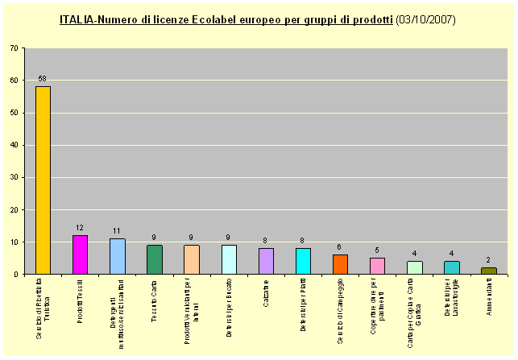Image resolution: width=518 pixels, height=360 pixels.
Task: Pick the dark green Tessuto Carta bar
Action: pyautogui.click(x=155, y=259)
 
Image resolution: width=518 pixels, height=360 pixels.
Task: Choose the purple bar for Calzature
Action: pyautogui.click(x=266, y=261)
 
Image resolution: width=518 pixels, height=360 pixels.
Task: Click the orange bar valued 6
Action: pyautogui.click(x=340, y=264)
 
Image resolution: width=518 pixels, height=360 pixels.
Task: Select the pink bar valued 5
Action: pyautogui.click(x=377, y=266)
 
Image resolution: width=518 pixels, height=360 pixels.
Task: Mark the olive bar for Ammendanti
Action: pyautogui.click(x=488, y=271)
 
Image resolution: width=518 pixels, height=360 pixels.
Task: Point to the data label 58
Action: pyautogui.click(x=43, y=79)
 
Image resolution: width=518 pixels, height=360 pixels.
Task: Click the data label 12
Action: pyautogui.click(x=80, y=228)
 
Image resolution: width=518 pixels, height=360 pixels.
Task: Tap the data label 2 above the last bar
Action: pyautogui.click(x=488, y=260)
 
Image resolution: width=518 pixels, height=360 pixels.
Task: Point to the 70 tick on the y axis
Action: pyautogui.click(x=15, y=48)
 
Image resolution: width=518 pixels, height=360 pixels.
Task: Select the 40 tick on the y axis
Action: pyautogui.click(x=15, y=145)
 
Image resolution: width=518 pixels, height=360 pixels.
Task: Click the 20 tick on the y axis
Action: pyautogui.click(x=15, y=209)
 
